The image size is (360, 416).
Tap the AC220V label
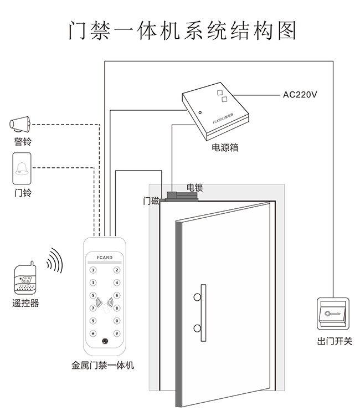300,95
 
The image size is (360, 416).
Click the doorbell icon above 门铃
23,168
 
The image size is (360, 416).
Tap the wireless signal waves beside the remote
54,260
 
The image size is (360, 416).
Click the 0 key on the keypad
117,321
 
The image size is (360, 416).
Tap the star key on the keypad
93,333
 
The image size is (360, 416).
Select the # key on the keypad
117,333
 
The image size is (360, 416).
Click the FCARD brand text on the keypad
104,258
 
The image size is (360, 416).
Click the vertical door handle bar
203,312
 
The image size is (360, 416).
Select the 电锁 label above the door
194,188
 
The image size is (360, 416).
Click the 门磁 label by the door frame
151,201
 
